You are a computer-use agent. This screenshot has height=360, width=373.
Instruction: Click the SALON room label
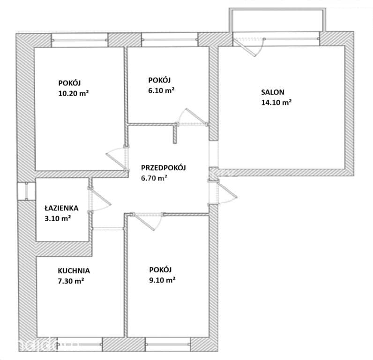[x=273, y=92]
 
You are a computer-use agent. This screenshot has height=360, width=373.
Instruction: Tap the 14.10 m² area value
[x=276, y=102]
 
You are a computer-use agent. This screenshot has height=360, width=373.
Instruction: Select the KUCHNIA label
[x=74, y=271]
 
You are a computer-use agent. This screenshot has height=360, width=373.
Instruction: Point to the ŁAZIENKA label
[x=61, y=208]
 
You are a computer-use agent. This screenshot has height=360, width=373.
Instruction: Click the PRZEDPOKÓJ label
[x=164, y=167]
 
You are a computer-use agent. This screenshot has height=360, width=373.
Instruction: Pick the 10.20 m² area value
[x=74, y=93]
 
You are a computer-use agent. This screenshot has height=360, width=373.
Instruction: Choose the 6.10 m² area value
[x=162, y=90]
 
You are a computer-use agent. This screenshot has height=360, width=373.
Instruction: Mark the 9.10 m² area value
[x=162, y=280]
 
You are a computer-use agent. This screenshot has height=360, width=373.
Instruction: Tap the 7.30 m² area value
[x=71, y=281]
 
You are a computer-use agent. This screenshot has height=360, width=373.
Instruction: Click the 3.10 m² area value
[x=58, y=218]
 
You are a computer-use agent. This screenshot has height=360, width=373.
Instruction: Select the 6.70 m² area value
[x=154, y=178]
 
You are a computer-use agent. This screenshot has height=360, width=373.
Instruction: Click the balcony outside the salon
[x=277, y=20]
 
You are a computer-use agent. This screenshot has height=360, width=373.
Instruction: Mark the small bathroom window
[x=26, y=191]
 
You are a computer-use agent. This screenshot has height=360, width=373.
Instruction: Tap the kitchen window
[x=80, y=344]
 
